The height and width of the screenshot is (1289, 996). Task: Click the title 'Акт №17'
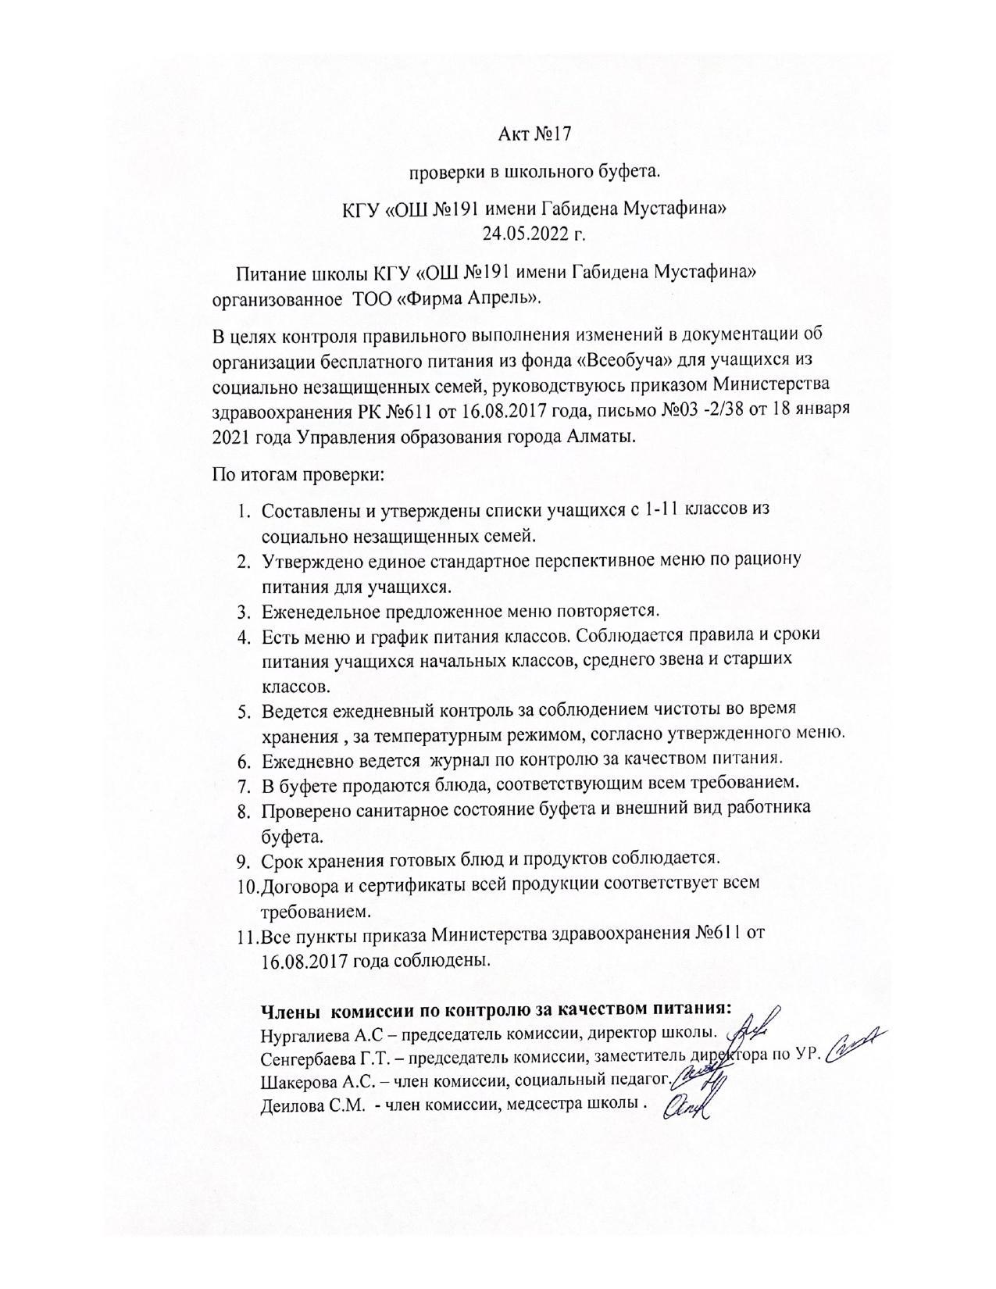coord(535,134)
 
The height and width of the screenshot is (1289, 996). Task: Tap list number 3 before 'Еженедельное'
coord(244,610)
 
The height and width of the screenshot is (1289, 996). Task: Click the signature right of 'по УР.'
coord(855,1047)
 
